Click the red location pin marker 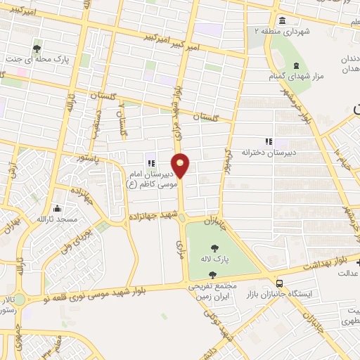tap(181, 165)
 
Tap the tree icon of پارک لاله tap(213, 247)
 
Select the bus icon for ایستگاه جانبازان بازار tap(281, 280)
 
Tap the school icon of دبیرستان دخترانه tap(266, 141)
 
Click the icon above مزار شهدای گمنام tap(295, 65)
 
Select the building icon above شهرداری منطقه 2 tap(282, 20)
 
